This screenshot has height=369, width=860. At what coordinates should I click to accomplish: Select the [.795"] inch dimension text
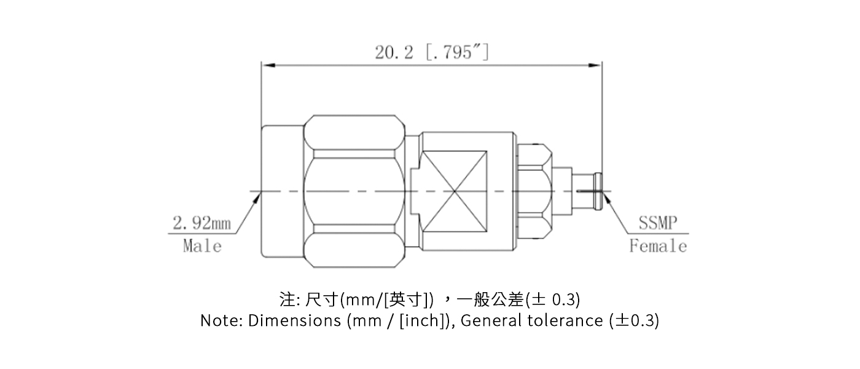point(457,53)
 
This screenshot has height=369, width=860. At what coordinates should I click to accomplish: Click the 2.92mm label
point(201,223)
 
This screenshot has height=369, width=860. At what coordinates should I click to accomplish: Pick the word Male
point(201,246)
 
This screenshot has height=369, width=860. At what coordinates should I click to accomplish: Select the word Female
point(658,246)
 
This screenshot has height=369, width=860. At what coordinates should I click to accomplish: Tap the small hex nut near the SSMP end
point(533,191)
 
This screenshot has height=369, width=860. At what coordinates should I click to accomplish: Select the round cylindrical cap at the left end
point(282,191)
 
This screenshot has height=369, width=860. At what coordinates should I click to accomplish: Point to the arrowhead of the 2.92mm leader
point(258,195)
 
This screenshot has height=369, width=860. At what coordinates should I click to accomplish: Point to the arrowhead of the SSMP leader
point(607,196)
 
